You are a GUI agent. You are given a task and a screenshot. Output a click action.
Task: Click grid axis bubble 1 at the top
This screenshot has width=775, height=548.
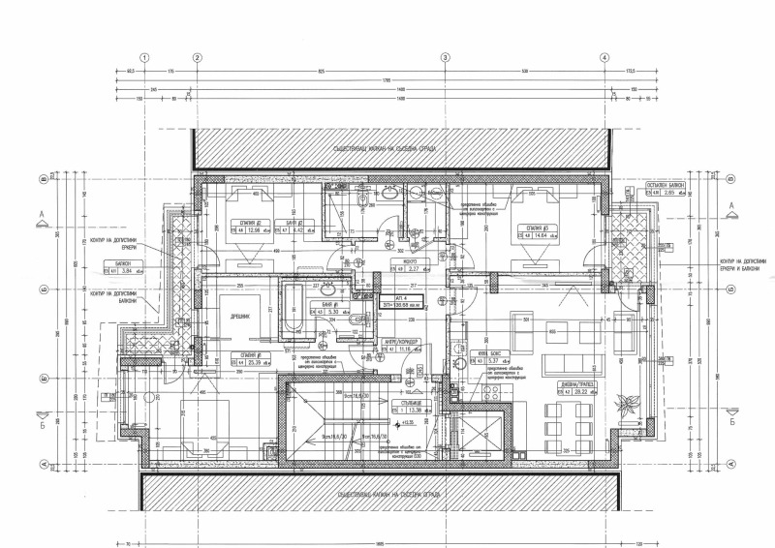144,58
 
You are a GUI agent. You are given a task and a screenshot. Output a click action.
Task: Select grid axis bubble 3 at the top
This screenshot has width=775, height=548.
445,58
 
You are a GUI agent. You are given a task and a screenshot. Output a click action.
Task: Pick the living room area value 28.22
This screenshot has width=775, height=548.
581,394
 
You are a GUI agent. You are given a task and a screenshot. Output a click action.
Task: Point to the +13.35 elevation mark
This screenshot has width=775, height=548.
407,423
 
